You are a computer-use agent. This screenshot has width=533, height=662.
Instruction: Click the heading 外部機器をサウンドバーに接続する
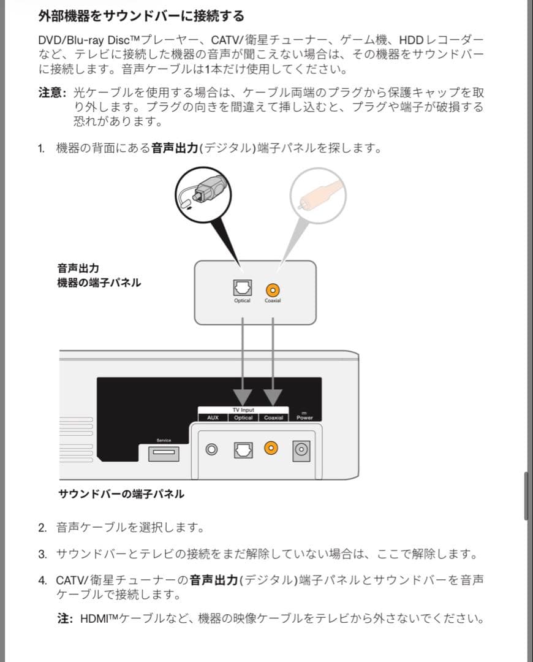(x=141, y=15)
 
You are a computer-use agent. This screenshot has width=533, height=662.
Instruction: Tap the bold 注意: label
(x=53, y=93)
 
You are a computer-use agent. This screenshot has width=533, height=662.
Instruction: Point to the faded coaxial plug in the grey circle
(x=314, y=192)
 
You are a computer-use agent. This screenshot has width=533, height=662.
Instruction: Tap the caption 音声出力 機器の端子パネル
(x=99, y=275)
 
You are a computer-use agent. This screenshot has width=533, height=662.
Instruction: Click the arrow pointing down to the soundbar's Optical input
(x=243, y=392)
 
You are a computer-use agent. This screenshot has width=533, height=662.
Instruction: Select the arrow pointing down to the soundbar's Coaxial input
(x=273, y=392)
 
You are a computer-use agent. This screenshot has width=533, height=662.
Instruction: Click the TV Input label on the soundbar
(x=243, y=409)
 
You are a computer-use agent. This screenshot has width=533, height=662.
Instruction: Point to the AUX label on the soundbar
(x=213, y=417)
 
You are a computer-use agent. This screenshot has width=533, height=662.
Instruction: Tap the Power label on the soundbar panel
(x=304, y=417)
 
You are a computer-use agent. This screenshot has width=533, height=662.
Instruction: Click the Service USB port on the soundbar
(x=164, y=453)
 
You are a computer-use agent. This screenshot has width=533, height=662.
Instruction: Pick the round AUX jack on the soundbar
(x=213, y=450)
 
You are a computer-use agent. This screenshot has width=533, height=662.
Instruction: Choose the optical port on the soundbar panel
(x=243, y=450)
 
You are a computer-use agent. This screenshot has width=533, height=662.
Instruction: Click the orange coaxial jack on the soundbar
(x=271, y=450)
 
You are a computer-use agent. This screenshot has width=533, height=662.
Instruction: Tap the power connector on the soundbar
(x=301, y=450)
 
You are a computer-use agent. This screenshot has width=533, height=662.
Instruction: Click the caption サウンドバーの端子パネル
(x=121, y=493)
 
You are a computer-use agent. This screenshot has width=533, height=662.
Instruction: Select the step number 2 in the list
(x=42, y=527)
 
